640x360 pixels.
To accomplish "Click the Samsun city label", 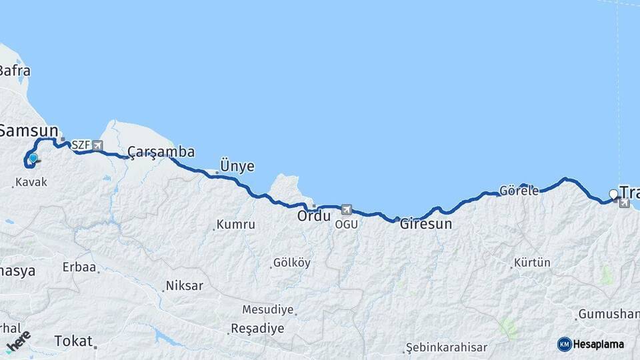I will click(x=30, y=130).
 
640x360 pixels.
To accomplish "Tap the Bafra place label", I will click(x=15, y=71).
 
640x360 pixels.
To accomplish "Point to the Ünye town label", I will click(x=237, y=167).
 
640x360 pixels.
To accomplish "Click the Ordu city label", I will click(x=314, y=217).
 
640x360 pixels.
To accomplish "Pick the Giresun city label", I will click(x=425, y=224).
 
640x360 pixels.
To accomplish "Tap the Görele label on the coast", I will click(x=520, y=191).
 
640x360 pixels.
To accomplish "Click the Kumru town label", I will click(x=236, y=225).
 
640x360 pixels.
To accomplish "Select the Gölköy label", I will click(x=292, y=263).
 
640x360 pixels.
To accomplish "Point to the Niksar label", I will click(x=185, y=286).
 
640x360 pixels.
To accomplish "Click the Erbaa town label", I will click(x=79, y=267).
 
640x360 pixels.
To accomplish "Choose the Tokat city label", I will click(x=73, y=341).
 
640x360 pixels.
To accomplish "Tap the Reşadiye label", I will click(x=257, y=329).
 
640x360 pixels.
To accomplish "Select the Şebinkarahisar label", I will click(x=447, y=348).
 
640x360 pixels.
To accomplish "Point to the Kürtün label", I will click(x=533, y=263).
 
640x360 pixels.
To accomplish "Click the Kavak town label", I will click(x=31, y=182).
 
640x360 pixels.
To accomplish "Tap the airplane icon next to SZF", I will click(x=98, y=145).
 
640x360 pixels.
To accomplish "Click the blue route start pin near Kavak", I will click(x=33, y=158).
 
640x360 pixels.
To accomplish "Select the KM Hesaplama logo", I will click(x=591, y=344).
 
